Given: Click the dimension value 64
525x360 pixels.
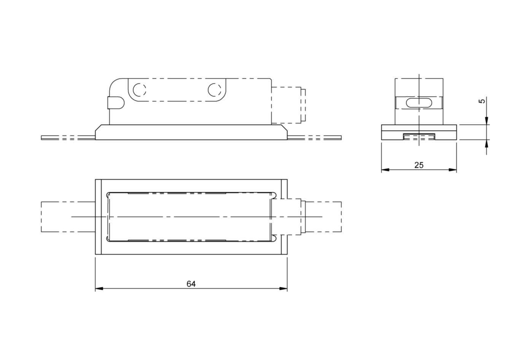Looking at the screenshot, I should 191,284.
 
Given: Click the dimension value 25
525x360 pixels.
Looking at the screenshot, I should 418,165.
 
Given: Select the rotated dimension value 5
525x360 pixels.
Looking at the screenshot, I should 482,101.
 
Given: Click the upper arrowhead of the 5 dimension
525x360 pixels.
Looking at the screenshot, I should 487,121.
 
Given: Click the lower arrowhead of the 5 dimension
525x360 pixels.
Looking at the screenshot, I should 487,143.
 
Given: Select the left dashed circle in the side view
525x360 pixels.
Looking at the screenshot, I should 139,90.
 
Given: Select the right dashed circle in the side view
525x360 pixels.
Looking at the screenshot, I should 214,90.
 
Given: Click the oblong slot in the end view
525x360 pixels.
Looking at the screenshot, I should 418,103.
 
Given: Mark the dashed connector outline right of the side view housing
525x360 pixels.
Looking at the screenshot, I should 288,105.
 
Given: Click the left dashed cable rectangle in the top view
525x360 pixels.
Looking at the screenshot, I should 68,216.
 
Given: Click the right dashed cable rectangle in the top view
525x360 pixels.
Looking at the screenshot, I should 323,216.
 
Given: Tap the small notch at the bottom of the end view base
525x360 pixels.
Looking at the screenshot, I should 419,136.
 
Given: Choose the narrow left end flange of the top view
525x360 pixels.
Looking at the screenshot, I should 98,216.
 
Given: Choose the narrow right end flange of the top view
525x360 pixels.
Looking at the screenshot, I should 284,216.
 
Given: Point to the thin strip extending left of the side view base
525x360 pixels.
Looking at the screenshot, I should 68,137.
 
